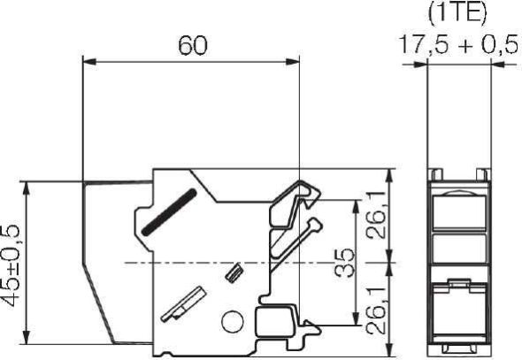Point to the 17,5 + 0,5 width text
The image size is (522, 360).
456,46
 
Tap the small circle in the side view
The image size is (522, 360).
231,324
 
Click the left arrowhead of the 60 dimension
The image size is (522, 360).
86,62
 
